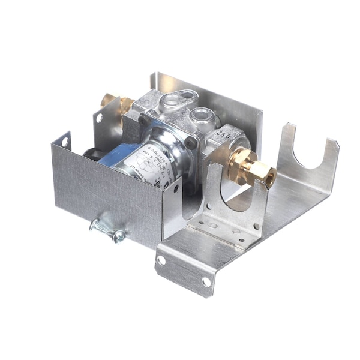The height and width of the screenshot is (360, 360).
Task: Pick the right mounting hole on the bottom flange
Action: point(206,281)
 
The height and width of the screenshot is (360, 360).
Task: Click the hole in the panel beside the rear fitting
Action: point(100,118)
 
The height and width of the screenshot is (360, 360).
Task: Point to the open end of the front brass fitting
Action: point(271,177)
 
